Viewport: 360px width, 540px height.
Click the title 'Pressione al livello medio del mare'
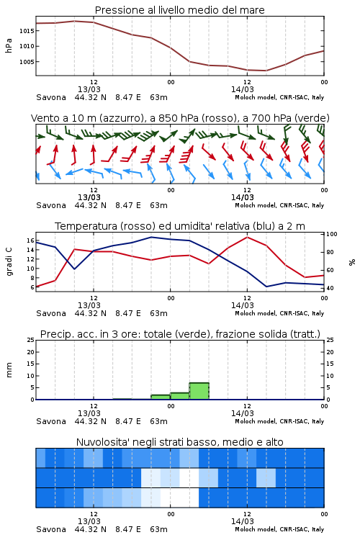point(179,10)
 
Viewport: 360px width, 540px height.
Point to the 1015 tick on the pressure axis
point(27,31)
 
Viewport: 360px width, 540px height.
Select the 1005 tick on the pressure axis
point(27,62)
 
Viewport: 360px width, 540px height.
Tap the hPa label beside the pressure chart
point(9,45)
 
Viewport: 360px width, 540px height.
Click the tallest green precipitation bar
point(199,391)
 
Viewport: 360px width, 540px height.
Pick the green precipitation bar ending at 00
point(161,397)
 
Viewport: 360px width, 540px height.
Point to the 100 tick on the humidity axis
point(332,234)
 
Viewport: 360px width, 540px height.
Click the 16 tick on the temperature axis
point(30,240)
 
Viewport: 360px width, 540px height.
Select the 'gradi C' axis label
point(9,262)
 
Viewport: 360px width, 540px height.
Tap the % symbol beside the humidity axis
point(352,262)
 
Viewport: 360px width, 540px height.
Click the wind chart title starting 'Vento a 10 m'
point(180,118)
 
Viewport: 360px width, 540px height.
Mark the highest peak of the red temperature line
point(247,237)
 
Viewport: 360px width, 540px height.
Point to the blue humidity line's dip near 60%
point(74,269)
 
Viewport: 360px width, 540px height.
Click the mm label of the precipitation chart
point(9,370)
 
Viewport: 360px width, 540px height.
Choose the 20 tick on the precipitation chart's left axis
point(30,352)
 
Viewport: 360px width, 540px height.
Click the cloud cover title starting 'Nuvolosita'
point(179,442)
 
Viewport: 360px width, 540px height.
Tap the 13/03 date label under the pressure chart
point(89,89)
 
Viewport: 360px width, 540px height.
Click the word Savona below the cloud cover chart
point(51,529)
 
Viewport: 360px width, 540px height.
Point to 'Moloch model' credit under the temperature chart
point(255,313)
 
